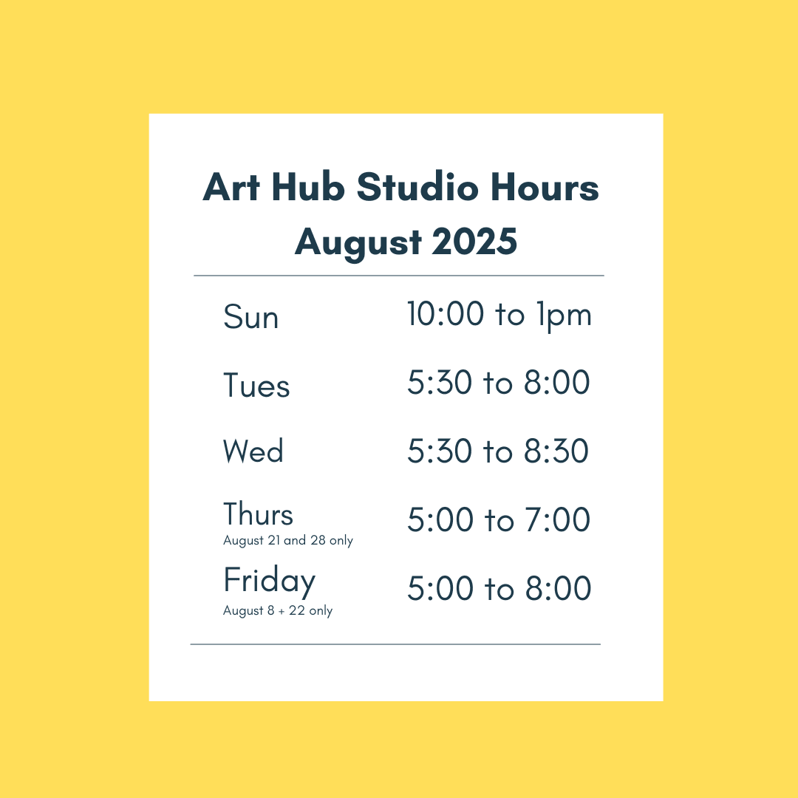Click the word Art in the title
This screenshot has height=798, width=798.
point(231,187)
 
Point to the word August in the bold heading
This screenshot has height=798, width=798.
point(358,242)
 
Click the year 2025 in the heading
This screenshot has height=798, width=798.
point(474,241)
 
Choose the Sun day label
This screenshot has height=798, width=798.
point(251,316)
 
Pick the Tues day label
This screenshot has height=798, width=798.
point(256,385)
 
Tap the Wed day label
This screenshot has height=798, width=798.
point(253,451)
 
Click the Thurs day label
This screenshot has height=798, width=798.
point(258,514)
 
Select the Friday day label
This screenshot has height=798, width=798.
point(269,581)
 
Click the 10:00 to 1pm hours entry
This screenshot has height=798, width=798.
point(499,315)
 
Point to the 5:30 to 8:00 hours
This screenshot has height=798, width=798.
point(499,382)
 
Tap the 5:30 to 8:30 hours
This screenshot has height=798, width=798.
point(498,451)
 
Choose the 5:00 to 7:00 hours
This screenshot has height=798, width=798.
point(499,519)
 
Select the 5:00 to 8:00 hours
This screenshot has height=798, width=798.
point(499,588)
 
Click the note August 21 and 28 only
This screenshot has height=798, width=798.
point(288,540)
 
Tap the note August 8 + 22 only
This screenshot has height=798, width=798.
point(278,611)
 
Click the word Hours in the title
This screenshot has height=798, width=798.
point(545,187)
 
